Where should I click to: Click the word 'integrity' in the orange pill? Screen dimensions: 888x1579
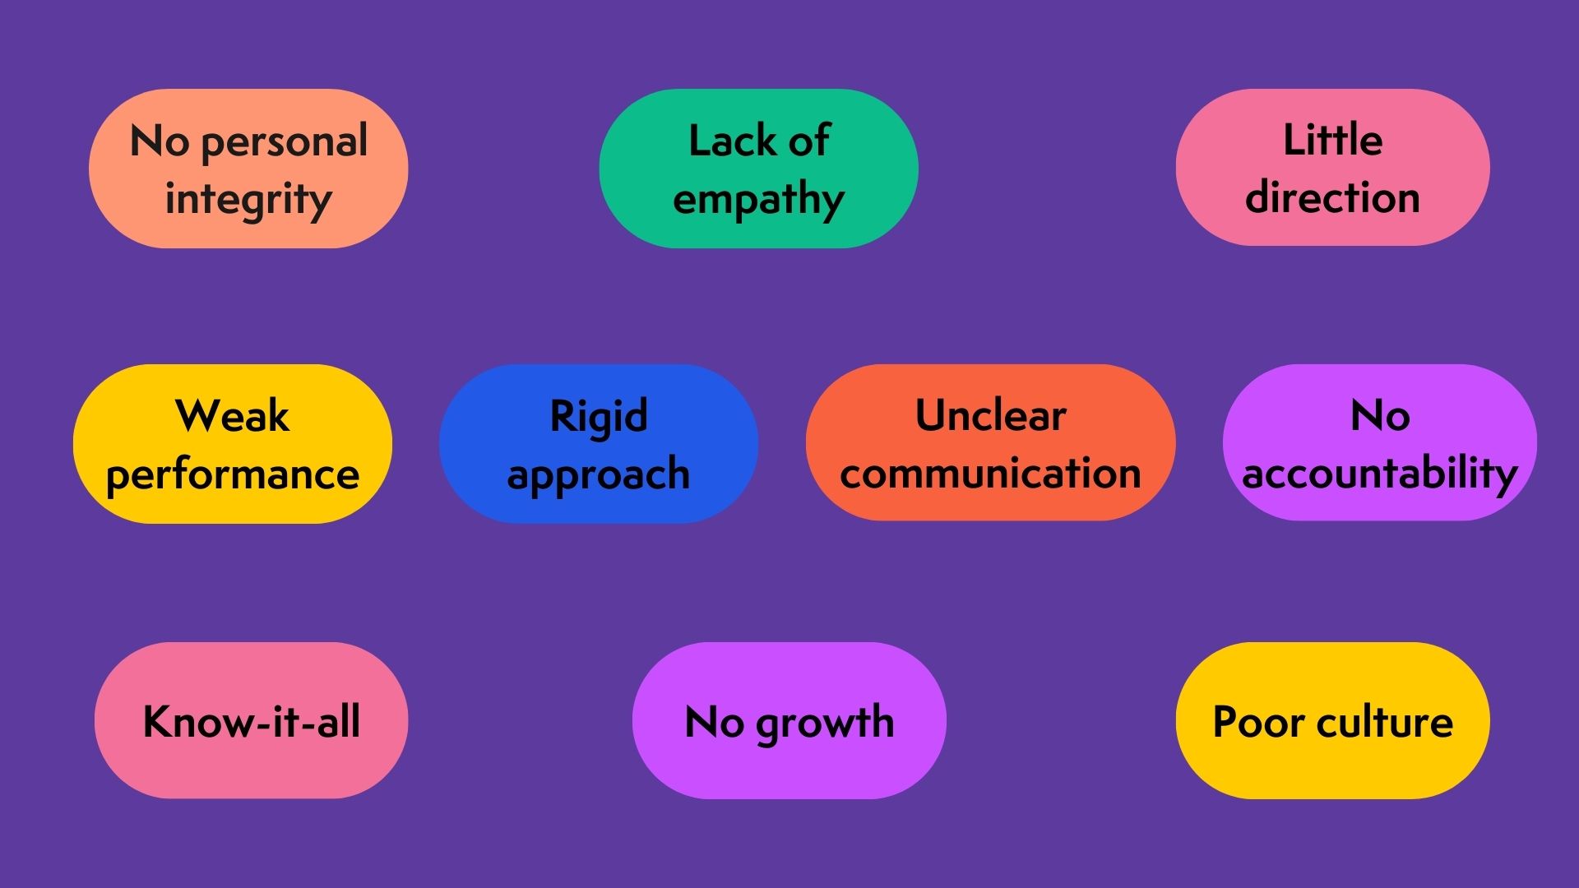pos(248,200)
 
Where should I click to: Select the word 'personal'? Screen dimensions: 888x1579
pos(284,142)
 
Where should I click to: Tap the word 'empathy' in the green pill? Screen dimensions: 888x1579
pos(758,200)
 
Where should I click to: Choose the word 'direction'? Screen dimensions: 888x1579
pos(1332,198)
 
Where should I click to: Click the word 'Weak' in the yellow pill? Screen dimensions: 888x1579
pos(233,416)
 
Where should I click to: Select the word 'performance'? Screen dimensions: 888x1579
pos(233,475)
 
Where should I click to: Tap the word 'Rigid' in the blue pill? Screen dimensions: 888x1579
pos(599,416)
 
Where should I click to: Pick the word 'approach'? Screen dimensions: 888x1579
pos(599,475)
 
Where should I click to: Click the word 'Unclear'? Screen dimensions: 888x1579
pos(990,416)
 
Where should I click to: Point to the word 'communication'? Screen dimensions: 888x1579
pos(990,474)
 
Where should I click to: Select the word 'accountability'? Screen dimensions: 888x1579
pos(1379,474)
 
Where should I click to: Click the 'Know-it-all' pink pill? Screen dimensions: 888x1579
pos(251,721)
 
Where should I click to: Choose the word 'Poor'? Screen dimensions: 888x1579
pos(1258,721)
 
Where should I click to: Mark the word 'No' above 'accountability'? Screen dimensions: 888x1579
pos(1380,416)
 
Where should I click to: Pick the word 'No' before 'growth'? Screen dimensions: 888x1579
pos(714,722)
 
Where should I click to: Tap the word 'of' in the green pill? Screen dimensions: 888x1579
pos(808,141)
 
